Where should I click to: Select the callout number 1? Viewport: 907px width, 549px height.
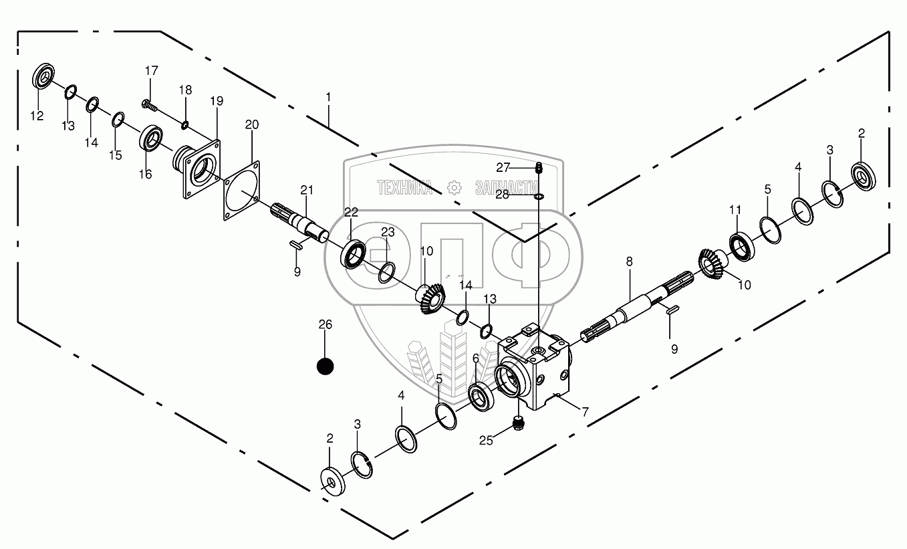(328, 97)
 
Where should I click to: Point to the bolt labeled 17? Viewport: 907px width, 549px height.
(148, 104)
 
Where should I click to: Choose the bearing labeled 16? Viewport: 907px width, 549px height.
(151, 140)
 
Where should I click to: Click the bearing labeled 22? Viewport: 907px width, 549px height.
(353, 253)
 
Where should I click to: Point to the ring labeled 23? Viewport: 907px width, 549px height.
(386, 272)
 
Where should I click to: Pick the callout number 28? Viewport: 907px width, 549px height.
(503, 195)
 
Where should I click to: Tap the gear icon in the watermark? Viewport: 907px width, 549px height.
(454, 187)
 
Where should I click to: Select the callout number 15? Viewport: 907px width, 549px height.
(116, 155)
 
